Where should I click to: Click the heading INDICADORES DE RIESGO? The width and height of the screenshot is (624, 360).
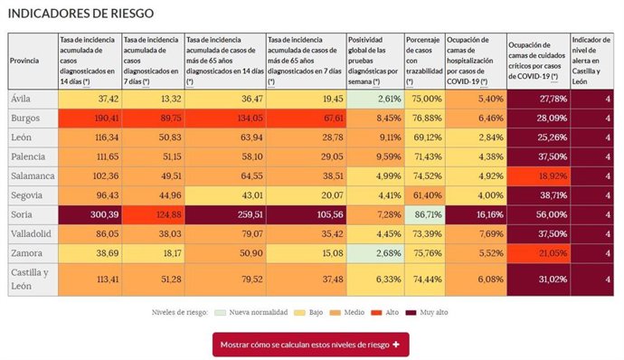(80, 14)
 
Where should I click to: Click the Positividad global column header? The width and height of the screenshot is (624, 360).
(374, 61)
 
